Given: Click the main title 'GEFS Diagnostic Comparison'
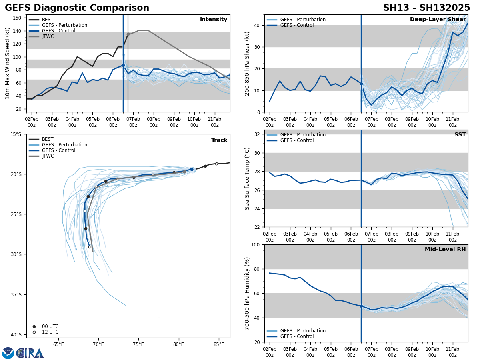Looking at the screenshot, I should (77, 8).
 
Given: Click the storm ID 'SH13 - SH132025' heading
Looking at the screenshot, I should (426, 8).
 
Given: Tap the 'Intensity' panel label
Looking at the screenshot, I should (213, 20).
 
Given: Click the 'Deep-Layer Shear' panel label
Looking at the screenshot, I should (438, 20).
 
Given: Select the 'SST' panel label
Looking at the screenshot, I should (460, 135).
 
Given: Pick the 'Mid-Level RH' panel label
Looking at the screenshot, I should (445, 250).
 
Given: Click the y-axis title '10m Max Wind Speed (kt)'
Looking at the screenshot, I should (8, 63).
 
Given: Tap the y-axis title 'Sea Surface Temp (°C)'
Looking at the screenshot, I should (247, 178).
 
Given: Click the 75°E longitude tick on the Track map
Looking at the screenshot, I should (138, 344).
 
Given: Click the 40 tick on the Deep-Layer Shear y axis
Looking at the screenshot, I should (257, 25).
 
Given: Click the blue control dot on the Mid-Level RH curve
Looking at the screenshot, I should (361, 306).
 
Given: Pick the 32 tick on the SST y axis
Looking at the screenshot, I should (257, 134).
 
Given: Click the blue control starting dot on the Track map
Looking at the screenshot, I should (192, 170).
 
